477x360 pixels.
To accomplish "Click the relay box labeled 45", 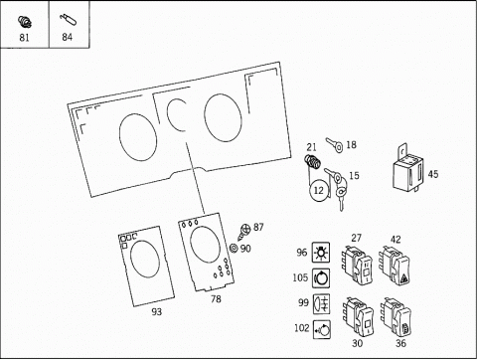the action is [407, 170].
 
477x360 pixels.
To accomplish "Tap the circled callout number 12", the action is [319, 191].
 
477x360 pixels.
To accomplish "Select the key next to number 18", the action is [335, 145].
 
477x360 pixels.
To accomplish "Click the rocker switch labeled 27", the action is [358, 265].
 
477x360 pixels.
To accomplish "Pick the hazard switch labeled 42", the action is [396, 265].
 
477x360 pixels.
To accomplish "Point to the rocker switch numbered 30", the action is [358, 317].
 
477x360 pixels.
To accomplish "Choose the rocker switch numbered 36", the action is [397, 317].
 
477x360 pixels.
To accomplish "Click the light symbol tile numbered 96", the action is [321, 253].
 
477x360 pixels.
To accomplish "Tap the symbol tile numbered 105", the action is [321, 277].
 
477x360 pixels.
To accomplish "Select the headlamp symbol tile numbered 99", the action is [322, 303].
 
